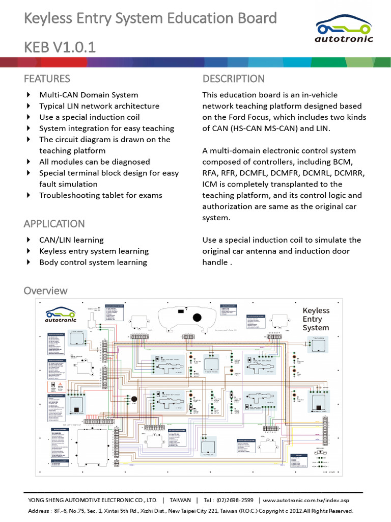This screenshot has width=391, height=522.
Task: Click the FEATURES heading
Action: [x=47, y=79]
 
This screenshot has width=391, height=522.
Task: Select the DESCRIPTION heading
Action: [x=233, y=79]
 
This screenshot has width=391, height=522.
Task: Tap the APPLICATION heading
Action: [x=54, y=223]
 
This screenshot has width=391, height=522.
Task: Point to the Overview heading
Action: [x=45, y=290]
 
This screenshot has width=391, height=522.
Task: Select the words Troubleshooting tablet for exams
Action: [x=101, y=195]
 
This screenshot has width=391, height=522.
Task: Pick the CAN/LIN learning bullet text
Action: [x=71, y=240]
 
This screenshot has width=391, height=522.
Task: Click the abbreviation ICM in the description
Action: [x=210, y=184]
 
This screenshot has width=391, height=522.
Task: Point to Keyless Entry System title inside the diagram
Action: [x=316, y=319]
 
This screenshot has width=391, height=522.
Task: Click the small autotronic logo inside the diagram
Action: [x=60, y=316]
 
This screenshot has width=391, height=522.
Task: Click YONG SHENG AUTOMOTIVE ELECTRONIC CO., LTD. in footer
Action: [x=93, y=500]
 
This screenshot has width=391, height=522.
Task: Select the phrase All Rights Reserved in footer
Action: [x=324, y=510]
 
